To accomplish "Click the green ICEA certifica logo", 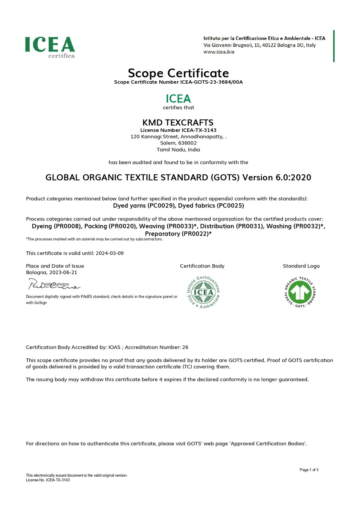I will click(50, 47).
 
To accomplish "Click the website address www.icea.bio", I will click(219, 52).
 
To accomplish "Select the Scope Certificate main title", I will click(178, 73).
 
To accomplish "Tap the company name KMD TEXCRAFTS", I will click(178, 123).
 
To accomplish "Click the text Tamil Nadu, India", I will click(178, 150).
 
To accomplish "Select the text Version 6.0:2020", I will click(277, 177).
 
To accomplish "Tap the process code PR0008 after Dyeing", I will click(67, 226).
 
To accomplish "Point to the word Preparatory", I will click(162, 234).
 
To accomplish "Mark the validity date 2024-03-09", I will click(109, 253).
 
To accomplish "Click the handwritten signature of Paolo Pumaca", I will click(54, 285).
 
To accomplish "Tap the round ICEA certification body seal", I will click(203, 292).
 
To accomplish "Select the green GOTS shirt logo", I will click(300, 292).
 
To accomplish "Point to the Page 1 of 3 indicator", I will click(309, 470).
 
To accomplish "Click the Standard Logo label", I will click(301, 266).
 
